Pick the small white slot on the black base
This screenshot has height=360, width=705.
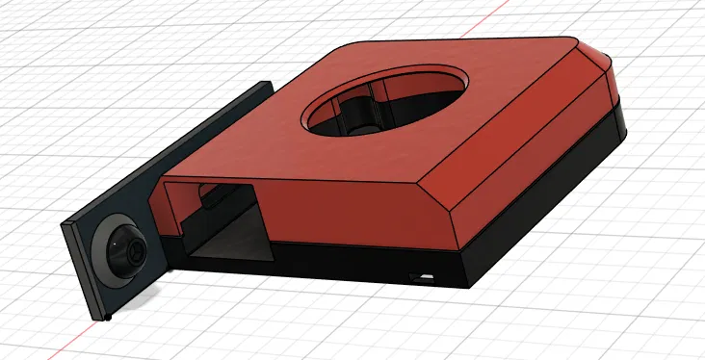click(x=422, y=277)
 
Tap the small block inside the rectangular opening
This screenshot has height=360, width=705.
click(x=208, y=198)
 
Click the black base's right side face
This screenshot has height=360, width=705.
click(x=549, y=212)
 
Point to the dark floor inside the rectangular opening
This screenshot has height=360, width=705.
click(x=226, y=252)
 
